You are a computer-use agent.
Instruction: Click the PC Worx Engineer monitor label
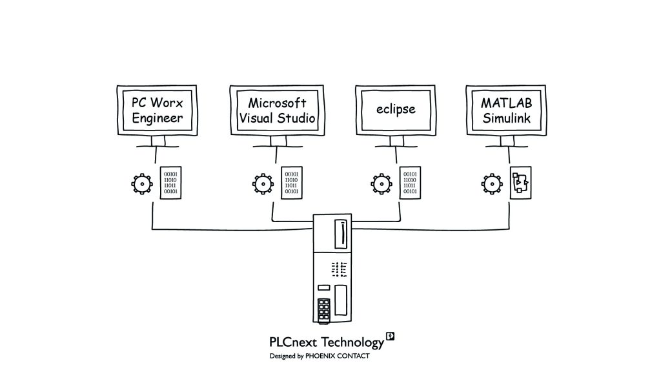(158, 110)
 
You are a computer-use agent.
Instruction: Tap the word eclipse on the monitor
(396, 108)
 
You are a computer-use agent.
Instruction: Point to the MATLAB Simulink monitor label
(507, 110)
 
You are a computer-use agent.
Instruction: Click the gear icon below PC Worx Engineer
(141, 184)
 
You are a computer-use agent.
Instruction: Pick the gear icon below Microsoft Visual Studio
(261, 184)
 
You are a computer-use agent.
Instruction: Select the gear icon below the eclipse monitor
(381, 184)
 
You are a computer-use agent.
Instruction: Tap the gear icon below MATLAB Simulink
(492, 184)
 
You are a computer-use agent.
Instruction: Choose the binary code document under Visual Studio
(292, 183)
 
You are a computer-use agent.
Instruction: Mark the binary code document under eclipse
(410, 183)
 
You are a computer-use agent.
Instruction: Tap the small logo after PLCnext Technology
(390, 336)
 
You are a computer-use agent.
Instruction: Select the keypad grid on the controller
(324, 310)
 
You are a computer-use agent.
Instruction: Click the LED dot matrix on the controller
(339, 268)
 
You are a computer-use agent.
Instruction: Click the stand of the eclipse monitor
(396, 144)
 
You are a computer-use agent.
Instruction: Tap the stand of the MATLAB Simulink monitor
(507, 144)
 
